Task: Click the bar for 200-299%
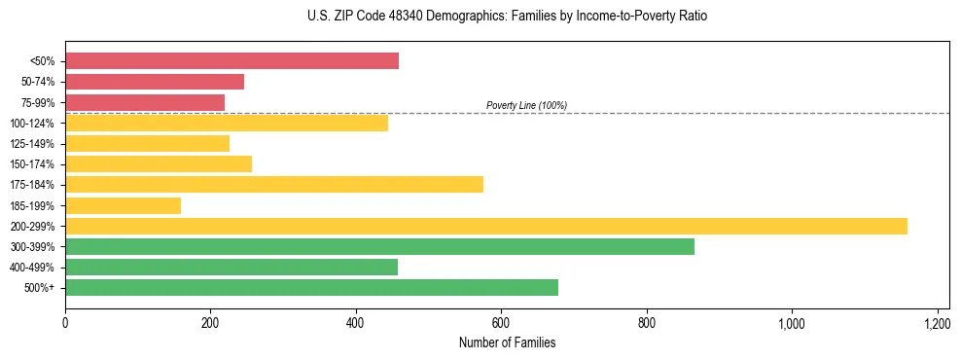click(x=486, y=226)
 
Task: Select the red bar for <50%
click(x=231, y=61)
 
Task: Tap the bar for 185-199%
click(x=123, y=205)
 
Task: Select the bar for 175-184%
click(x=274, y=185)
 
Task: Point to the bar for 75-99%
click(x=145, y=102)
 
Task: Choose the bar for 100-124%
click(x=227, y=123)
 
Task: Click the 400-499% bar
click(x=231, y=267)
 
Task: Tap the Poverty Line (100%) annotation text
click(x=526, y=105)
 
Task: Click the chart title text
click(x=480, y=17)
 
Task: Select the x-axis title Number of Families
click(x=507, y=342)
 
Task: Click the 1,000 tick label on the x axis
click(x=791, y=322)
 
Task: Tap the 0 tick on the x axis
click(x=65, y=322)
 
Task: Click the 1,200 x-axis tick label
click(x=937, y=322)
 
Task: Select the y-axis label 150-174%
click(x=33, y=164)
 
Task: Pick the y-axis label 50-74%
click(x=36, y=82)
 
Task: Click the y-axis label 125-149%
click(x=33, y=144)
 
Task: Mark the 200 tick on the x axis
click(x=210, y=322)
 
